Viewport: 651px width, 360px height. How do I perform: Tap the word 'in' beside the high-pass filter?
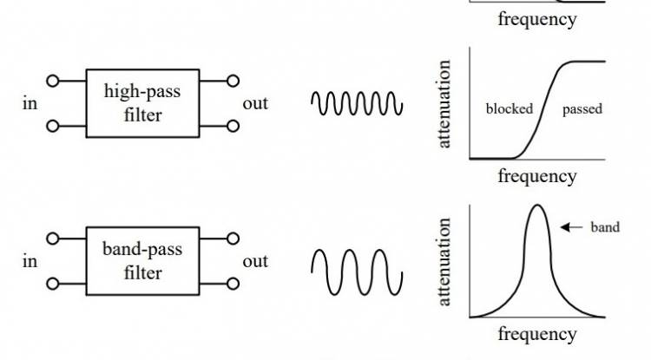tap(30, 104)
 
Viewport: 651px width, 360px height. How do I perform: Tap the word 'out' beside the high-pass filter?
tap(255, 104)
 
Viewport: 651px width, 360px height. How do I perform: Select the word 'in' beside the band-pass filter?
tap(30, 261)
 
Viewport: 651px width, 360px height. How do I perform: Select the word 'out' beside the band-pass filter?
tap(255, 261)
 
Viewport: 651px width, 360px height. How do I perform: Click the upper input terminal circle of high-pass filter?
tap(54, 82)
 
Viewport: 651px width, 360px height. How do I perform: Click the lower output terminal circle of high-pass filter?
tap(233, 126)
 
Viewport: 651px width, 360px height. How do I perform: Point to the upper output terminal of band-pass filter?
tap(233, 238)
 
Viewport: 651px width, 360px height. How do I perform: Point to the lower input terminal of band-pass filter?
tap(54, 283)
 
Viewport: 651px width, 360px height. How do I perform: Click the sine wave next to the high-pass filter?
tap(357, 103)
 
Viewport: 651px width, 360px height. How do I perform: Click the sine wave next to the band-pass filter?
tap(357, 271)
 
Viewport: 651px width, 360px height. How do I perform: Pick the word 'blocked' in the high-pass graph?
tap(509, 109)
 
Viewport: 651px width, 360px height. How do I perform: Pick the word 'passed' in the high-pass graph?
tap(582, 109)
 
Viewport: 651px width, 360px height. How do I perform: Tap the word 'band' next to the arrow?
tap(605, 228)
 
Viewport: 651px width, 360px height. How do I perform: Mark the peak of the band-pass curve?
tap(538, 206)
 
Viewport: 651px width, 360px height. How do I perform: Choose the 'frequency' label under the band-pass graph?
tap(536, 334)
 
